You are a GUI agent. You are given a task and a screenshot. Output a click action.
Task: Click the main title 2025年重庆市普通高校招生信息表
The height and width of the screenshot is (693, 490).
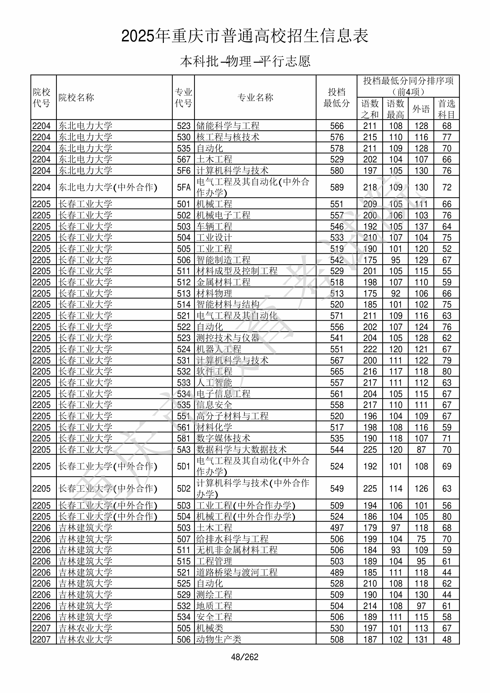[x=245, y=36]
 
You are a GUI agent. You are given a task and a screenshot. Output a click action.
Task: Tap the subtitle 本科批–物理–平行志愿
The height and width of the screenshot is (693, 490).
[x=245, y=61]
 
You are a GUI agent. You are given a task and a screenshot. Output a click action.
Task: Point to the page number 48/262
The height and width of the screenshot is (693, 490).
[x=245, y=657]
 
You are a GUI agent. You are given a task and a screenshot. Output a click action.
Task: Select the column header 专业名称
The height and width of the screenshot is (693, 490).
[x=255, y=97]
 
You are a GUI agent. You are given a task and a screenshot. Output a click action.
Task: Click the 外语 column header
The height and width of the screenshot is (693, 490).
[x=421, y=109]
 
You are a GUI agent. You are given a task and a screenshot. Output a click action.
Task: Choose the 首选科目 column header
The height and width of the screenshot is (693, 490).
[x=447, y=109]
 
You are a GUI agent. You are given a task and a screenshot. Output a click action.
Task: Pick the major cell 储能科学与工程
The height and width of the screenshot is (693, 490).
[x=228, y=126]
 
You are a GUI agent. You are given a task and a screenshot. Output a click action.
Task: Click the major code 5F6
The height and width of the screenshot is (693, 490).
[x=184, y=171]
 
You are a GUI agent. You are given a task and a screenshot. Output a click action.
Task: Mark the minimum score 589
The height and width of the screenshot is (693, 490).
[x=337, y=187]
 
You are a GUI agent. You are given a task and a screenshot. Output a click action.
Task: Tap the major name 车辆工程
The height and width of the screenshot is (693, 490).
[x=214, y=226]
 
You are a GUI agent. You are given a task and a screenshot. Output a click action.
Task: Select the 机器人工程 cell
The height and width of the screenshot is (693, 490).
[x=219, y=349]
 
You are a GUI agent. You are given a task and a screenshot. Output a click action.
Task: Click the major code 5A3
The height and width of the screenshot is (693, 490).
[x=184, y=450]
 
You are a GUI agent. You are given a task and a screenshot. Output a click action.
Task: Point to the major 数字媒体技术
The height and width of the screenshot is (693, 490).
[x=223, y=438]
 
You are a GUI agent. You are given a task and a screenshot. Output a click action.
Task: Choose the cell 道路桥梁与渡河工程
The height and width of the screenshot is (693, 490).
[x=237, y=572]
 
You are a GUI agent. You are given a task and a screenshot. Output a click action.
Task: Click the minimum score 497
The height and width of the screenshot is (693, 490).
[x=337, y=528]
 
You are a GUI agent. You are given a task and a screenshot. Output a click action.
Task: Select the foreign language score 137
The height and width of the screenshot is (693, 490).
[x=421, y=226]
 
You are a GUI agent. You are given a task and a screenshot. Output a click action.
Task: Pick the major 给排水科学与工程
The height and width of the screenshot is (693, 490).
[x=232, y=539]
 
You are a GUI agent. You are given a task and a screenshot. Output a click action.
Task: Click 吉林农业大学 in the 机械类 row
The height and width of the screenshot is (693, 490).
[x=85, y=628]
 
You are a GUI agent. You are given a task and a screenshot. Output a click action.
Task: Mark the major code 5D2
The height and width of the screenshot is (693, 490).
[x=184, y=489]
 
